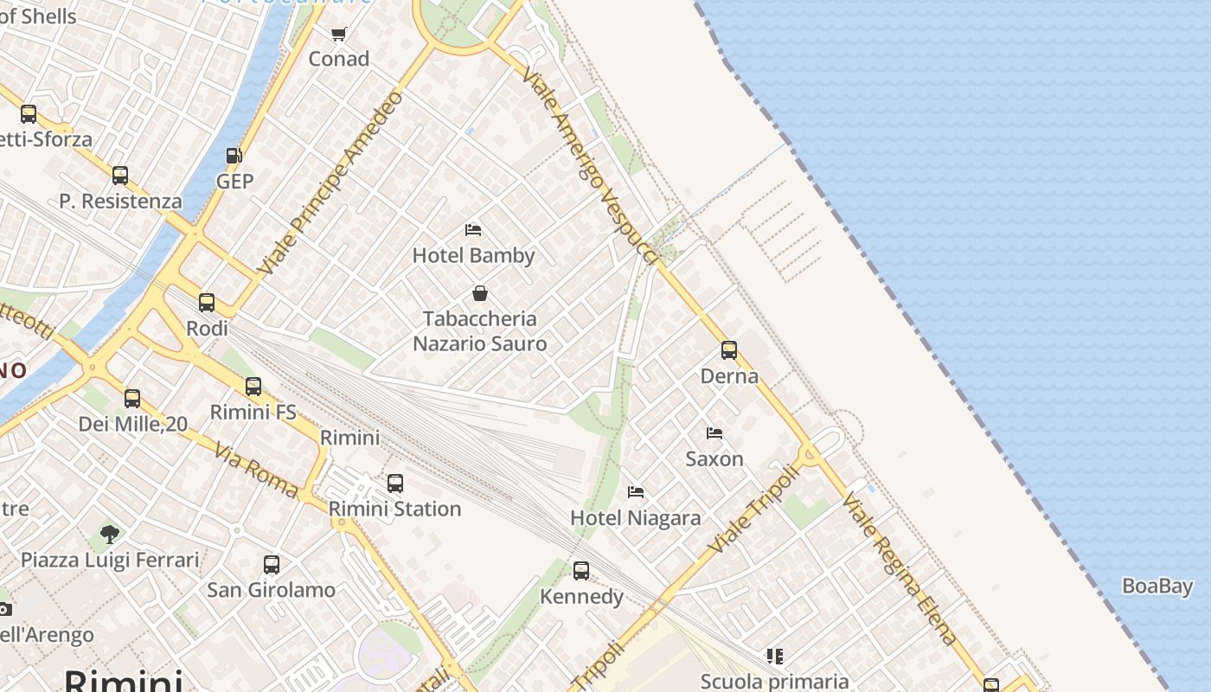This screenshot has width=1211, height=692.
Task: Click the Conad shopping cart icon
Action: tap(338, 35)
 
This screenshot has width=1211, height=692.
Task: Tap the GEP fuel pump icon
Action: tap(234, 157)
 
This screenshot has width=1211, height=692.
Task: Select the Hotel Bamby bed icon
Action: tap(473, 230)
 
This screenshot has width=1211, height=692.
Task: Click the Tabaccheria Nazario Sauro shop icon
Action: tap(480, 294)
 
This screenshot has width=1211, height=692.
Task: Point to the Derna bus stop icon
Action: tap(729, 350)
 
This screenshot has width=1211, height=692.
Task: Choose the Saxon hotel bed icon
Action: tap(714, 433)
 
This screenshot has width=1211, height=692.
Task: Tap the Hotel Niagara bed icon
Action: tap(636, 492)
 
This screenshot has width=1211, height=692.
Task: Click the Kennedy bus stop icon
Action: tap(581, 571)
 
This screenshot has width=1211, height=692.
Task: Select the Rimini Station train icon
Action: tap(395, 484)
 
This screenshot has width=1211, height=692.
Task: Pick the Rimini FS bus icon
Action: tap(253, 387)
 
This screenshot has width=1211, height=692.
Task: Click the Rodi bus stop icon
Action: tap(207, 303)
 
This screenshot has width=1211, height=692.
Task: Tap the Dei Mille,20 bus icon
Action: tap(132, 399)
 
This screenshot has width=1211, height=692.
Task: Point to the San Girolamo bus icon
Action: tap(272, 565)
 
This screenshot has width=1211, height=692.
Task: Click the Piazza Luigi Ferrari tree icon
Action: tap(109, 534)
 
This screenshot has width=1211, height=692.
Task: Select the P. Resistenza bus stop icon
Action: tap(120, 176)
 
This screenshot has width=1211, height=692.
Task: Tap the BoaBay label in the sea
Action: tap(1157, 586)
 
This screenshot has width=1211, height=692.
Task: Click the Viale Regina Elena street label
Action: tap(900, 569)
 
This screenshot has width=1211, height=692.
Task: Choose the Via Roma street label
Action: tap(257, 471)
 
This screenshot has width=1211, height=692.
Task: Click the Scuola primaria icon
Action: tap(775, 657)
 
